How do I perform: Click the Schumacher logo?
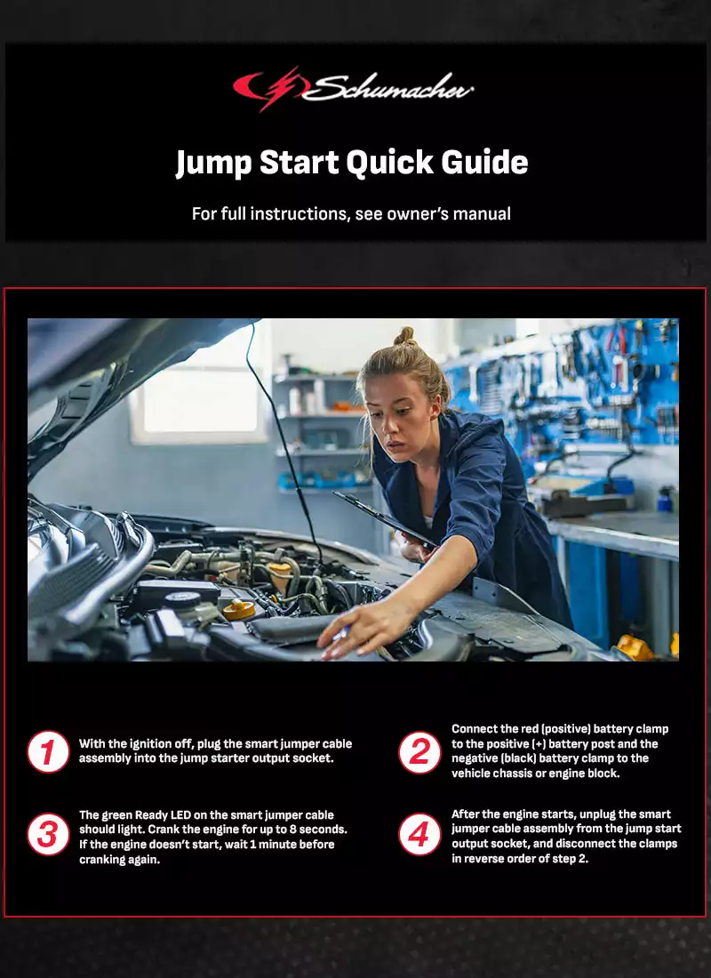click(x=353, y=89)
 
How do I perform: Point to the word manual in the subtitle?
click(x=482, y=214)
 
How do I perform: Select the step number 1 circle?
click(x=48, y=751)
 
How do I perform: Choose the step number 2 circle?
click(x=419, y=751)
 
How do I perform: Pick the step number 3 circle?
click(x=48, y=835)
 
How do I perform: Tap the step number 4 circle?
click(x=419, y=835)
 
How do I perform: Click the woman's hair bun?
click(x=404, y=337)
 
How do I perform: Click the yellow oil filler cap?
click(x=238, y=609)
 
